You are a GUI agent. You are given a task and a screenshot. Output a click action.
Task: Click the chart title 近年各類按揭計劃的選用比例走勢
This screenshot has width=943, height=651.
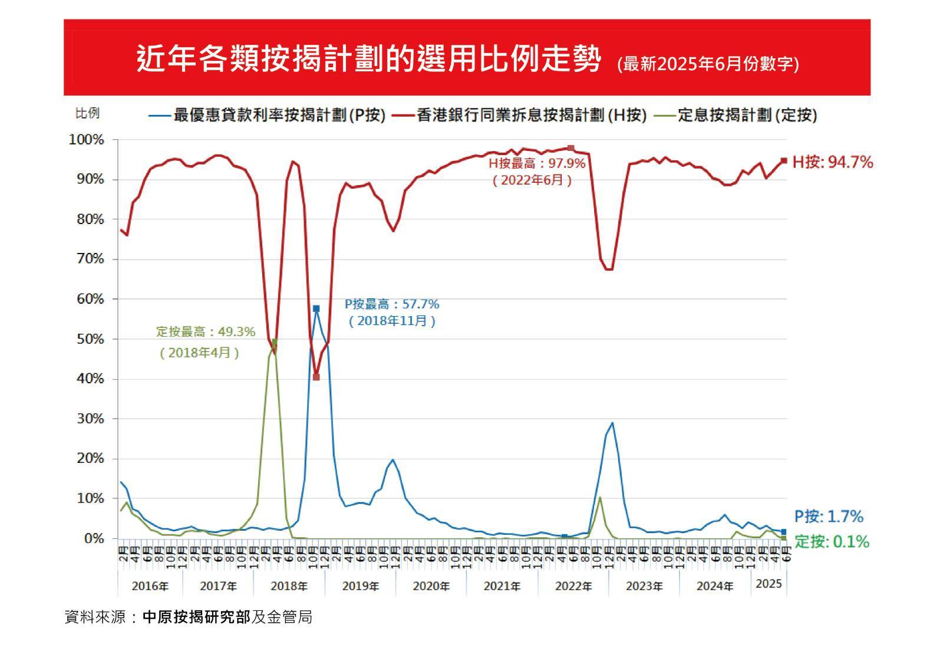369,59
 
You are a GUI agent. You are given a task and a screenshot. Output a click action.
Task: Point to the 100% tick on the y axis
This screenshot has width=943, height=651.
87,140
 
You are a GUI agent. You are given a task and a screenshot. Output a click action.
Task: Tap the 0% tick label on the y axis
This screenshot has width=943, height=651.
93,538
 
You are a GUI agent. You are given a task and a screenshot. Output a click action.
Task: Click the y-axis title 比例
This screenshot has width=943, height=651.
87,113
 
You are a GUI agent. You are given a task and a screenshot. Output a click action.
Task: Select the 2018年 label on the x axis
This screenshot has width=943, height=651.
289,586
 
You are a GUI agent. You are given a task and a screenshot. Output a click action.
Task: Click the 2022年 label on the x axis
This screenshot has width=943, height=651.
573,586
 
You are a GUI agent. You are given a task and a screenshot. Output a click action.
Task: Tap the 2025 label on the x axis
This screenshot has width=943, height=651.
769,583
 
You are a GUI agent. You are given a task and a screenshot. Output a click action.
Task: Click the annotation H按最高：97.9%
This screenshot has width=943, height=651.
537,163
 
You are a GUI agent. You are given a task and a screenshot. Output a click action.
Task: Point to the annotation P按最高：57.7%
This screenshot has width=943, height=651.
392,304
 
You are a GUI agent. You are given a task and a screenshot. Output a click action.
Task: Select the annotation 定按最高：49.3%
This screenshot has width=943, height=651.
206,332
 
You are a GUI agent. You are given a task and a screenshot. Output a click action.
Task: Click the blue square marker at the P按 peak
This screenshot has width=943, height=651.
316,308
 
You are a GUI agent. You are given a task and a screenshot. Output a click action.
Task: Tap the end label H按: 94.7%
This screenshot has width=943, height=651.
832,162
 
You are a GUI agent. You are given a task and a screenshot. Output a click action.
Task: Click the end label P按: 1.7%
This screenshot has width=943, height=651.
829,517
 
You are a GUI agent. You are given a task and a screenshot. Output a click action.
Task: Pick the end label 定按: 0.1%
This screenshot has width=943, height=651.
832,541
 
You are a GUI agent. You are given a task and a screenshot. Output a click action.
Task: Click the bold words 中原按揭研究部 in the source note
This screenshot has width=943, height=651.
197,617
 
